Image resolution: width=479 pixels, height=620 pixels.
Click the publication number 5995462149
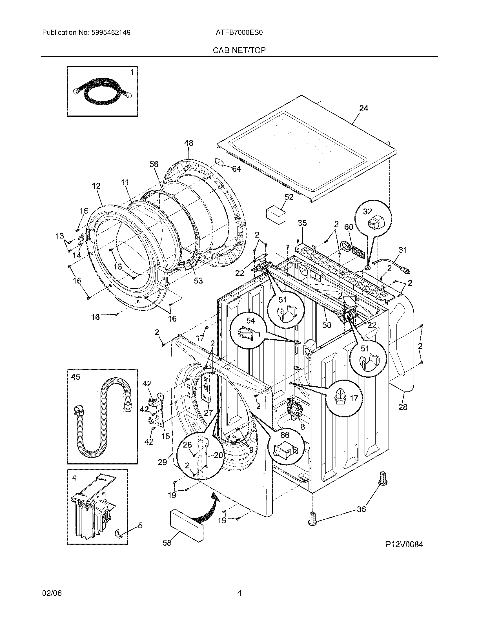111,33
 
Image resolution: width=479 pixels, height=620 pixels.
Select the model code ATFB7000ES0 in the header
239,33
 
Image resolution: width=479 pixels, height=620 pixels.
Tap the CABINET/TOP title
239,50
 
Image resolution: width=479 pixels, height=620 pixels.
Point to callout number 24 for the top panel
363,108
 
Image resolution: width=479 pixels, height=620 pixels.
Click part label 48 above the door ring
189,143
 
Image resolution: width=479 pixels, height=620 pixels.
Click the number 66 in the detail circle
285,435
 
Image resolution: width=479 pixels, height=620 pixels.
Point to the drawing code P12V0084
404,544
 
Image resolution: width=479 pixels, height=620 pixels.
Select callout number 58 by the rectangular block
167,542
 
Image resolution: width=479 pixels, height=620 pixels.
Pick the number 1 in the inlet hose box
132,73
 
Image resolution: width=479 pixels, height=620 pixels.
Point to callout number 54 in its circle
250,320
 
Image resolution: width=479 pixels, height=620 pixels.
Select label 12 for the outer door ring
96,186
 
